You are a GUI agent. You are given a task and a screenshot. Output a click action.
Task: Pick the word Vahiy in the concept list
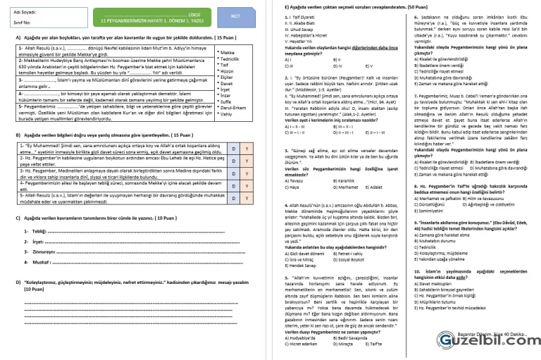click(x=226, y=114)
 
